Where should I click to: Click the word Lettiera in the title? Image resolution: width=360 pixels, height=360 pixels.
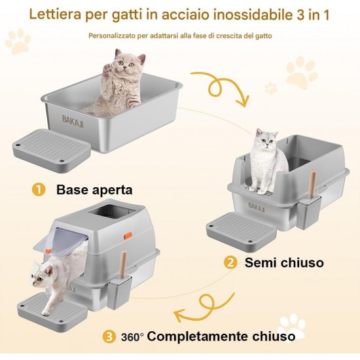pos(55,14)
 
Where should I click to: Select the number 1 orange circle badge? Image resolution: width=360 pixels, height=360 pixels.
pos(39,190)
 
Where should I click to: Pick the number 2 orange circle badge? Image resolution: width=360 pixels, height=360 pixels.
pos(230,262)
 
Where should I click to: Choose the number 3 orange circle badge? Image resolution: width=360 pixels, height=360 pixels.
pos(109,337)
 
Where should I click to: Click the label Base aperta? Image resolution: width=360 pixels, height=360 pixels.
pos(94,190)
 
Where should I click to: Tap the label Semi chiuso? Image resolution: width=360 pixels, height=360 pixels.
pos(284,262)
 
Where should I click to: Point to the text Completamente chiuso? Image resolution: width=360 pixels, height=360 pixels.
pos(221,336)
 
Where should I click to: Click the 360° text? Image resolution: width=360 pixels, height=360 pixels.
pos(132,337)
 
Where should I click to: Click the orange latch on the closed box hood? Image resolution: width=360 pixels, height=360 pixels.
pos(128,236)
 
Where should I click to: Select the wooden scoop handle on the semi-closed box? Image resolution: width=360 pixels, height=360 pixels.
pos(312,183)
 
